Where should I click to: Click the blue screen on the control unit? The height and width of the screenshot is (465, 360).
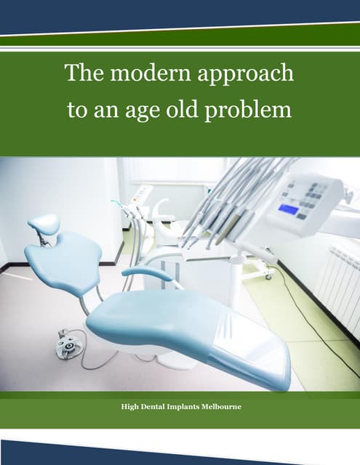(289, 209)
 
